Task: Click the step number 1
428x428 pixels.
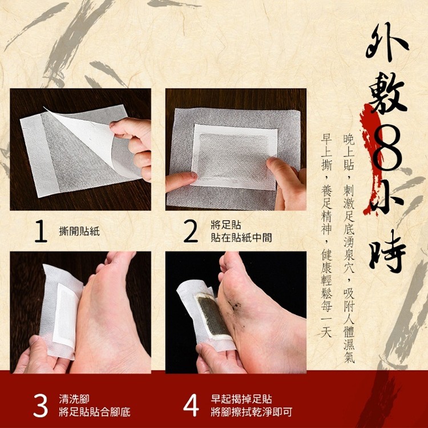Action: [41, 232]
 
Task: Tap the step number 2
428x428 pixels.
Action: [191, 232]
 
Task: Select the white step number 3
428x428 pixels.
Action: [41, 405]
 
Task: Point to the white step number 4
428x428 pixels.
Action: [191, 405]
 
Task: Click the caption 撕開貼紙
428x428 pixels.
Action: [79, 232]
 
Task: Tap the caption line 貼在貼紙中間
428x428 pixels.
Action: [241, 237]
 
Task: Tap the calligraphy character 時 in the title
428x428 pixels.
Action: [387, 251]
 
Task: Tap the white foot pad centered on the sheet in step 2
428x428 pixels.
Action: [234, 157]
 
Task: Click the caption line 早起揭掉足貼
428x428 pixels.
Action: [241, 399]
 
